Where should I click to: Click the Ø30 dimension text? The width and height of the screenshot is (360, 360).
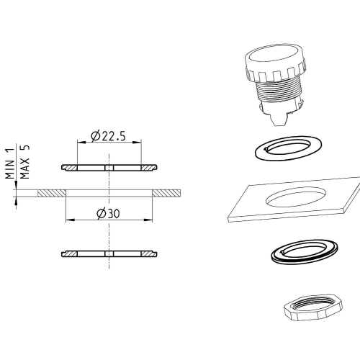tap(109, 213)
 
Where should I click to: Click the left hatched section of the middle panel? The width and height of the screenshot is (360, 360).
tap(52, 194)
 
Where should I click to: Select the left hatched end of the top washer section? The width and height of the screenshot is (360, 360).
tap(70, 168)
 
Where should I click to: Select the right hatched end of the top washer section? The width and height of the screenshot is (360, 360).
tap(148, 168)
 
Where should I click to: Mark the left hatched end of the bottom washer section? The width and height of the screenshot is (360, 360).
tap(70, 253)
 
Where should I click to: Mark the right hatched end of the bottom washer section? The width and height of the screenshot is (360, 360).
tap(148, 253)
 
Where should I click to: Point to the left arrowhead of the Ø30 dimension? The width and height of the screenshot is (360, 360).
tap(68, 220)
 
